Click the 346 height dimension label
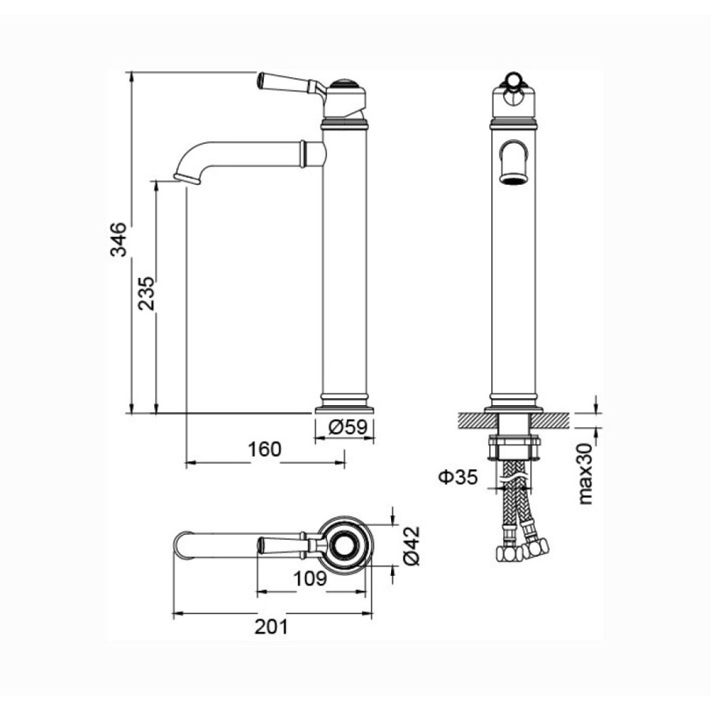point(118,239)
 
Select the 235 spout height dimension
point(146,293)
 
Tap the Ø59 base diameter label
point(348,427)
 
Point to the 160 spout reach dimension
point(265,450)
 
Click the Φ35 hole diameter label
point(458,476)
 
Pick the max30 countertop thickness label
point(585,474)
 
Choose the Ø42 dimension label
point(412,546)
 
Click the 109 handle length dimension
point(310,578)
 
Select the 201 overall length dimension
point(271,626)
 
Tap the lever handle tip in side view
point(261,80)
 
